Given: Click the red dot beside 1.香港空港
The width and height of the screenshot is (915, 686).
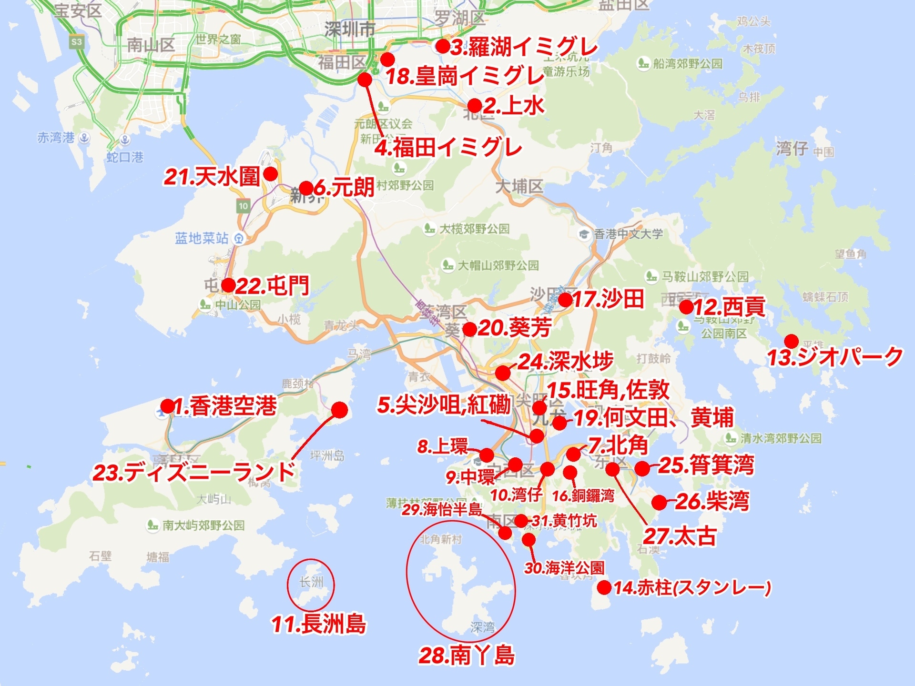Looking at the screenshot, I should tap(167, 406).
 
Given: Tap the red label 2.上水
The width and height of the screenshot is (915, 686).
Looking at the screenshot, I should tap(513, 105).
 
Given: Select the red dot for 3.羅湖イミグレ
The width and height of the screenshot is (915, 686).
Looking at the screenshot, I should tap(443, 46).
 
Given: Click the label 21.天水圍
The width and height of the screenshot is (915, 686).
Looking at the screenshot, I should tap(212, 177).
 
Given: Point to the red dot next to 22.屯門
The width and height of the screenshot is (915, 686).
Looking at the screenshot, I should tap(228, 285).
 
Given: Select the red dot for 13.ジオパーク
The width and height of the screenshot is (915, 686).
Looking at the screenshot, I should tap(791, 341).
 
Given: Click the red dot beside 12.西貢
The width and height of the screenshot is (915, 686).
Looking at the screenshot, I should tap(686, 307).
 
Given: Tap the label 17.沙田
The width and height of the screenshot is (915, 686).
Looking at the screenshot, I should tap(609, 299).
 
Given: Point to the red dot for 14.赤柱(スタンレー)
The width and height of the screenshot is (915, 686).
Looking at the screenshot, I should tap(604, 587).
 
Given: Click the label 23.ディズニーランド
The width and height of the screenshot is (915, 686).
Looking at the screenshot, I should tap(194, 472).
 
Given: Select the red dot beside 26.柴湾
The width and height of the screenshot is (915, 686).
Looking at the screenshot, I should tap(659, 502).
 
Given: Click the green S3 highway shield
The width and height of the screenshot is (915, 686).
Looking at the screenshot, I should tap(76, 42).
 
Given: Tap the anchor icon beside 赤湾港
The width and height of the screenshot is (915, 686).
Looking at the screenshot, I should tap(84, 138).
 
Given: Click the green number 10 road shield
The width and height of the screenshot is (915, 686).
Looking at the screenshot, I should tap(243, 206).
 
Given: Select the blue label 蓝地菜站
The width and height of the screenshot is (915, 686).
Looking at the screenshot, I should tap(202, 238).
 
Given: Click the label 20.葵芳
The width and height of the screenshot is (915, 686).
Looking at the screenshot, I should tap(514, 328).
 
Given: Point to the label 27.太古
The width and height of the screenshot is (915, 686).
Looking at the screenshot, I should tap(680, 536).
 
